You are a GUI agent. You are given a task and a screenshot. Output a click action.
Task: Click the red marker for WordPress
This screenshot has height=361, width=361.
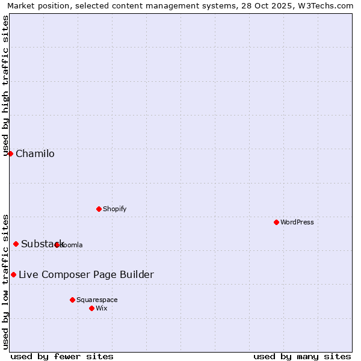pos(276,222)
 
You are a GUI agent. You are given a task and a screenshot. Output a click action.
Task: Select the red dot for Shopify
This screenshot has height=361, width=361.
pos(99,209)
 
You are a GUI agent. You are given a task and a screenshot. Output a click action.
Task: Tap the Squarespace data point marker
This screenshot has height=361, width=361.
pos(72,300)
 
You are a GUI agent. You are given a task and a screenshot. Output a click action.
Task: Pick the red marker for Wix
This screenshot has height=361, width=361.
pos(91,308)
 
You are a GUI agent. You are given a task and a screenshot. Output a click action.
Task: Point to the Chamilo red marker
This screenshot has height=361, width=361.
pos(10,153)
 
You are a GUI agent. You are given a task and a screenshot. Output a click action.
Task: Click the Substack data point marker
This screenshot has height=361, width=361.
pos(16,244)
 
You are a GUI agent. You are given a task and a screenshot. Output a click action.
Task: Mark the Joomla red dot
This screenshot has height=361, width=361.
pos(57,245)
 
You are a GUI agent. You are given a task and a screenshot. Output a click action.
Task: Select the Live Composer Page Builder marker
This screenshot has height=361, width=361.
pos(13,274)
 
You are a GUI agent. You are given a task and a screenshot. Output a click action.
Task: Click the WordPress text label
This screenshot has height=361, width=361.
pos(297,222)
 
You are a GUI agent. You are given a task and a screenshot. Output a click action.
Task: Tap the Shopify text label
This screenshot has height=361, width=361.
pos(114,209)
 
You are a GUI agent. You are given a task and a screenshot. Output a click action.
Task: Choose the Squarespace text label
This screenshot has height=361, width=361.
pos(97,300)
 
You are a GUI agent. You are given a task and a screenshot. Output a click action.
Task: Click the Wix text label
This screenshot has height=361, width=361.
pos(102,308)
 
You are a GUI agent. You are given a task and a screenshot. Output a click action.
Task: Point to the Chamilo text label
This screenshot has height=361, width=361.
pos(35,153)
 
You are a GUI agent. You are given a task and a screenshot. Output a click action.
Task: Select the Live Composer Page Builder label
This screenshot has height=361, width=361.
pos(86,275)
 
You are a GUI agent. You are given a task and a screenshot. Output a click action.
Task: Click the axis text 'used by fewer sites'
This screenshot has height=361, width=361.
pos(62,356)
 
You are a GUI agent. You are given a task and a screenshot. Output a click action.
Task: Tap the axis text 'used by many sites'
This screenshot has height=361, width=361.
pos(302,356)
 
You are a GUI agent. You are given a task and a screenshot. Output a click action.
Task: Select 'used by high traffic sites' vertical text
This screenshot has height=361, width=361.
pos(5,85)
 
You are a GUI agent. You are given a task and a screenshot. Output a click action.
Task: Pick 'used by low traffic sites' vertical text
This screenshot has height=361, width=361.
pos(5,281)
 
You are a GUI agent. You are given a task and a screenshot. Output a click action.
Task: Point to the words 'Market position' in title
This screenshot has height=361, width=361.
pos(35,5)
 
